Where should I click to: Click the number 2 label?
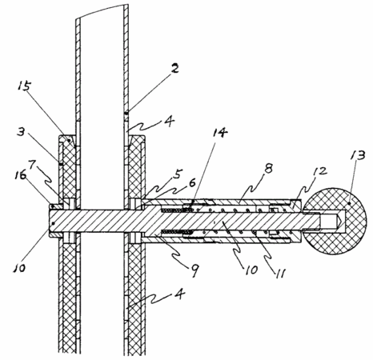coord(174,69)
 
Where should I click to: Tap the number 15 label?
coord(24,86)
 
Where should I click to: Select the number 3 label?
coord(21,132)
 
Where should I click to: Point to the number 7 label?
coord(32,165)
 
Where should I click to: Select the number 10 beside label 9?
coord(251,270)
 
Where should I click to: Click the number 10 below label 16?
coord(19,267)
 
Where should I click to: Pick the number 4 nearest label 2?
coord(170,122)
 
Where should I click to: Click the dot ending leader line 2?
coord(126,113)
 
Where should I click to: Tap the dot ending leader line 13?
coord(349,203)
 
